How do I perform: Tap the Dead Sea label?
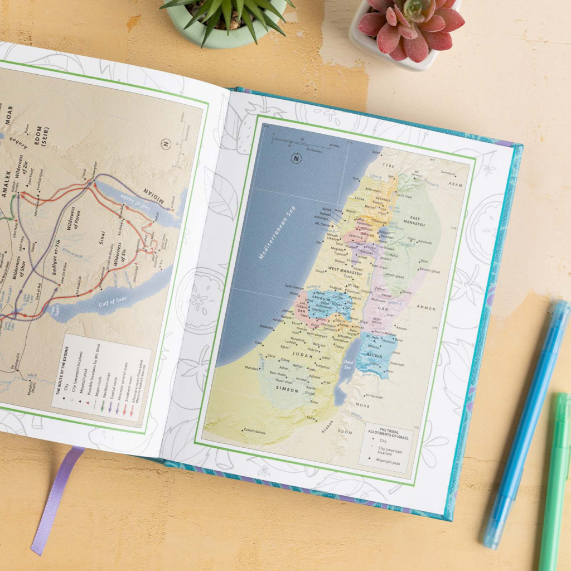347,363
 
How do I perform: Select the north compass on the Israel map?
296,158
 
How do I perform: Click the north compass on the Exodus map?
166,144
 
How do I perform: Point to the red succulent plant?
410,25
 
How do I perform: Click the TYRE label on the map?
389,166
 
